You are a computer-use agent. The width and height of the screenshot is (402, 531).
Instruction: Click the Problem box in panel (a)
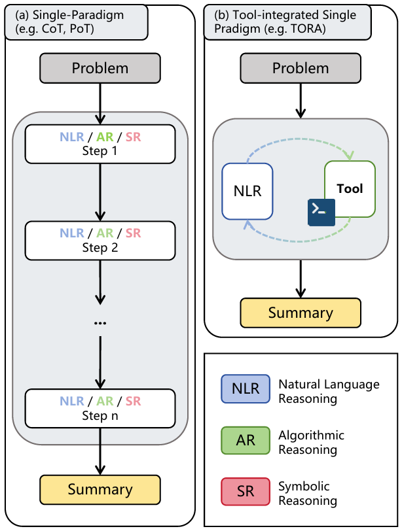(100, 68)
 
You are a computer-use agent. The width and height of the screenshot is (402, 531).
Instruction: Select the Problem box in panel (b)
(301, 68)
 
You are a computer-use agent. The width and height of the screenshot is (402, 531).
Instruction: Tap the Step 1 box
(100, 143)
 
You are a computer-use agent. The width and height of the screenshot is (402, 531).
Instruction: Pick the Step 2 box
(100, 240)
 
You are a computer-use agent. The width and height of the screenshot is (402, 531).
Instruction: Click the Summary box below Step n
(100, 489)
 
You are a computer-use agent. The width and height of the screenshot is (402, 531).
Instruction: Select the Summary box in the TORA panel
(301, 313)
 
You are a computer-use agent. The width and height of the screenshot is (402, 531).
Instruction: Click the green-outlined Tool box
(350, 189)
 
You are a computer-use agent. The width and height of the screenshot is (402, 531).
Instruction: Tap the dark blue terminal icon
(321, 210)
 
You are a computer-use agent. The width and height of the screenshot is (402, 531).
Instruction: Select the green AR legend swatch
(246, 440)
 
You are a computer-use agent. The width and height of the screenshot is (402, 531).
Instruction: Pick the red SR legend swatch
(246, 491)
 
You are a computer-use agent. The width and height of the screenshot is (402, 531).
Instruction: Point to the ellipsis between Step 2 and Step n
(100, 323)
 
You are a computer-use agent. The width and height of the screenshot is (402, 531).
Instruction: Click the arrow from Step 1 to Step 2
(100, 192)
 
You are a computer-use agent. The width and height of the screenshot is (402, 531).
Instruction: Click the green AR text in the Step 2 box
(105, 233)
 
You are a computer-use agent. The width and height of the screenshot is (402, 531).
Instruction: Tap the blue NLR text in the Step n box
(72, 402)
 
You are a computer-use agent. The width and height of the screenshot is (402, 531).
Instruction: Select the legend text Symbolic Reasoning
(308, 494)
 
